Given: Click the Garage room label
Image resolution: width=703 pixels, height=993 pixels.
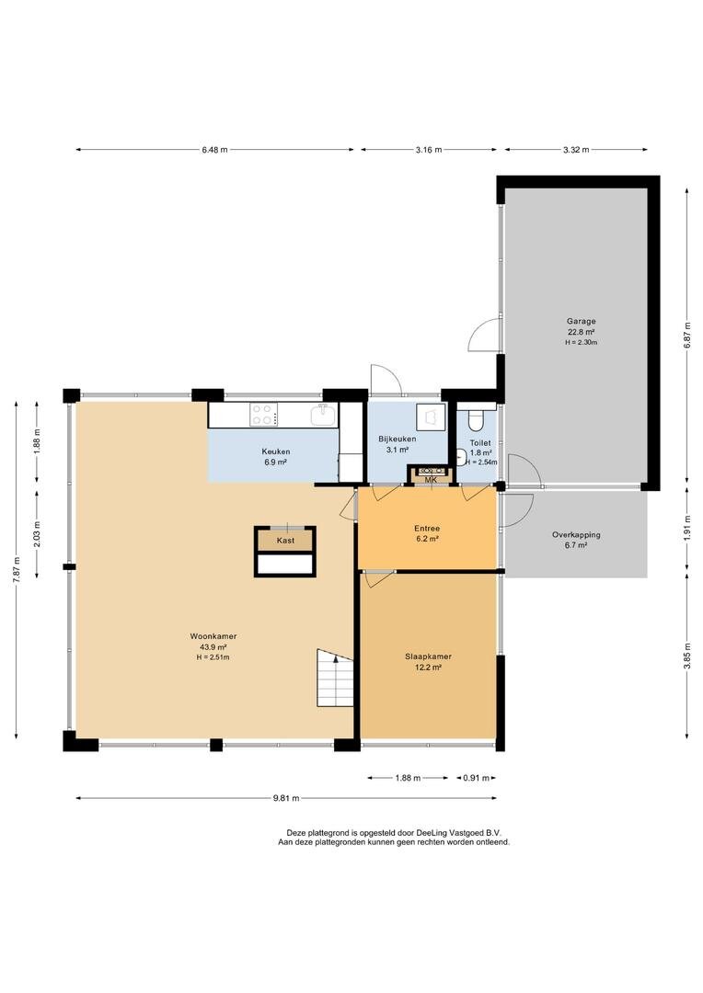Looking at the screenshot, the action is click(x=582, y=321).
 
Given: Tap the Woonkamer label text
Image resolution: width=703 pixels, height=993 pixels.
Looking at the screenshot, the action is click(x=213, y=636).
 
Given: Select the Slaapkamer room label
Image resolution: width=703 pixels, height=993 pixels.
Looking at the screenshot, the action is click(x=428, y=656).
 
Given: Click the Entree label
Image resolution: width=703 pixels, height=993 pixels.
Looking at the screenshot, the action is click(x=427, y=528).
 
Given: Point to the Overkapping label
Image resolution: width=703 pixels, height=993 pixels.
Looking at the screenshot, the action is click(x=576, y=535).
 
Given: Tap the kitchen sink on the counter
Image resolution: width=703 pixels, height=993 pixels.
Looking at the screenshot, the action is click(x=323, y=415).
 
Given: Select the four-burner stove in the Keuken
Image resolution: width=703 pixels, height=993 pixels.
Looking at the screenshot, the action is click(x=262, y=415).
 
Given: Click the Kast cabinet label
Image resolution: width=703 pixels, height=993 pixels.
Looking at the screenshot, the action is click(x=285, y=541).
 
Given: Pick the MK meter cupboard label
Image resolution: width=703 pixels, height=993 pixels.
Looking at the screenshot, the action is click(x=431, y=480).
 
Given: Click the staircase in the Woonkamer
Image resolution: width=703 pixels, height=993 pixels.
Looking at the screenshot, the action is click(x=335, y=677).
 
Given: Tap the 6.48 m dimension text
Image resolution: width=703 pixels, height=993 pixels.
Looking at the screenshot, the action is click(x=214, y=150).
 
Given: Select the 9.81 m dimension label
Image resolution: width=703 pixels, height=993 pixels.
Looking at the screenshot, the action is click(x=286, y=799).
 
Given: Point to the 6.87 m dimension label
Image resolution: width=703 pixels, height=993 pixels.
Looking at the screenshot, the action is click(x=687, y=337).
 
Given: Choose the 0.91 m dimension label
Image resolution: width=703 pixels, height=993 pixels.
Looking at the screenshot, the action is click(x=476, y=779).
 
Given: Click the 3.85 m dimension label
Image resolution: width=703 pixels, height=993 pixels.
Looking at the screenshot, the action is click(x=687, y=656).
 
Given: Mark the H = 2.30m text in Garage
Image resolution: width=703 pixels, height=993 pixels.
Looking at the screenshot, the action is click(x=582, y=343).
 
